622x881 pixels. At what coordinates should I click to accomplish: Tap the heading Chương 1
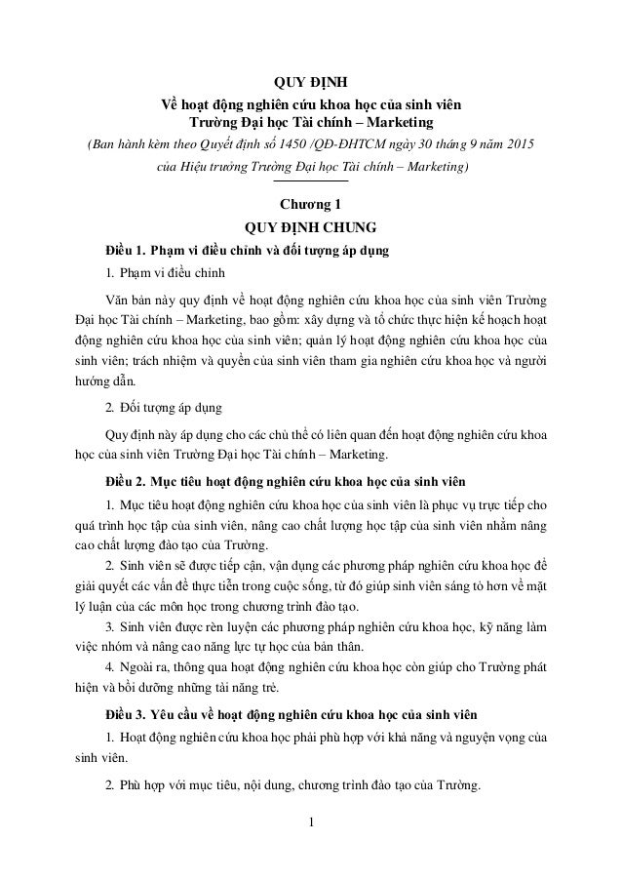tap(310, 205)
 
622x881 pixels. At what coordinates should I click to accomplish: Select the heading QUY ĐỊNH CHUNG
tap(310, 230)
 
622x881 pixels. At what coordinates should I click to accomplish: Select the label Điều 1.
tap(128, 253)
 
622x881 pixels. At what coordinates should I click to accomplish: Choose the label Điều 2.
tap(128, 481)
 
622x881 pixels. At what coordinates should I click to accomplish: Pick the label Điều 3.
tap(128, 709)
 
